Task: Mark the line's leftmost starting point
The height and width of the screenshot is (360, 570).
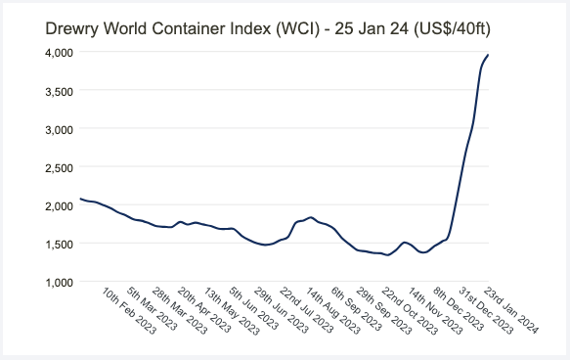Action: click(x=80, y=200)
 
